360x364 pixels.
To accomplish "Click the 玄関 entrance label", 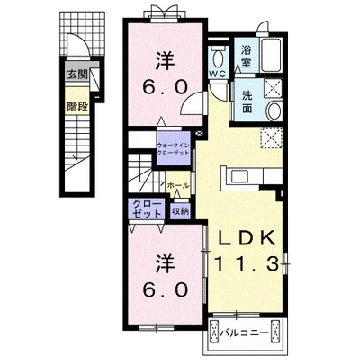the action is (x=77, y=75).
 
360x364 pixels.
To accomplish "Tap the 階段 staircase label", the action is (x=77, y=107).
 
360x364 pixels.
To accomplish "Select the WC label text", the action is (x=219, y=74).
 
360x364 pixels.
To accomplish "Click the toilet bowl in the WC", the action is (x=218, y=58).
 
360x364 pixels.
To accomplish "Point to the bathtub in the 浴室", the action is (x=271, y=55).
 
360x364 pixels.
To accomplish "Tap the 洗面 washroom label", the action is (x=247, y=102).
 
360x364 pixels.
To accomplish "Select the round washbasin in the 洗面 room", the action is (x=274, y=111).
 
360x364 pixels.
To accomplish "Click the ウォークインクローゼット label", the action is (x=174, y=149).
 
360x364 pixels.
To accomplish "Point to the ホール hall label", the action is (x=178, y=186).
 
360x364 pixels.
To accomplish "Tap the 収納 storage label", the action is (x=180, y=211).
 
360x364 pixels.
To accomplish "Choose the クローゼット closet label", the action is (x=147, y=209).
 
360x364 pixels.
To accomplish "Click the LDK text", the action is (x=247, y=238).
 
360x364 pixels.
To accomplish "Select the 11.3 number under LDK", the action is (x=246, y=264).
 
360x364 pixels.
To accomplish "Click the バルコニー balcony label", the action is (x=245, y=333).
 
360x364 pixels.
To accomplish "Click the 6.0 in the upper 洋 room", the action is (x=166, y=87).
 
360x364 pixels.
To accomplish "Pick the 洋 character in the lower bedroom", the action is (x=166, y=264).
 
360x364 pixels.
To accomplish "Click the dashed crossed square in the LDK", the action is (x=272, y=138).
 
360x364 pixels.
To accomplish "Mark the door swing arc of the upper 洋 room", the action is (x=189, y=98).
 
